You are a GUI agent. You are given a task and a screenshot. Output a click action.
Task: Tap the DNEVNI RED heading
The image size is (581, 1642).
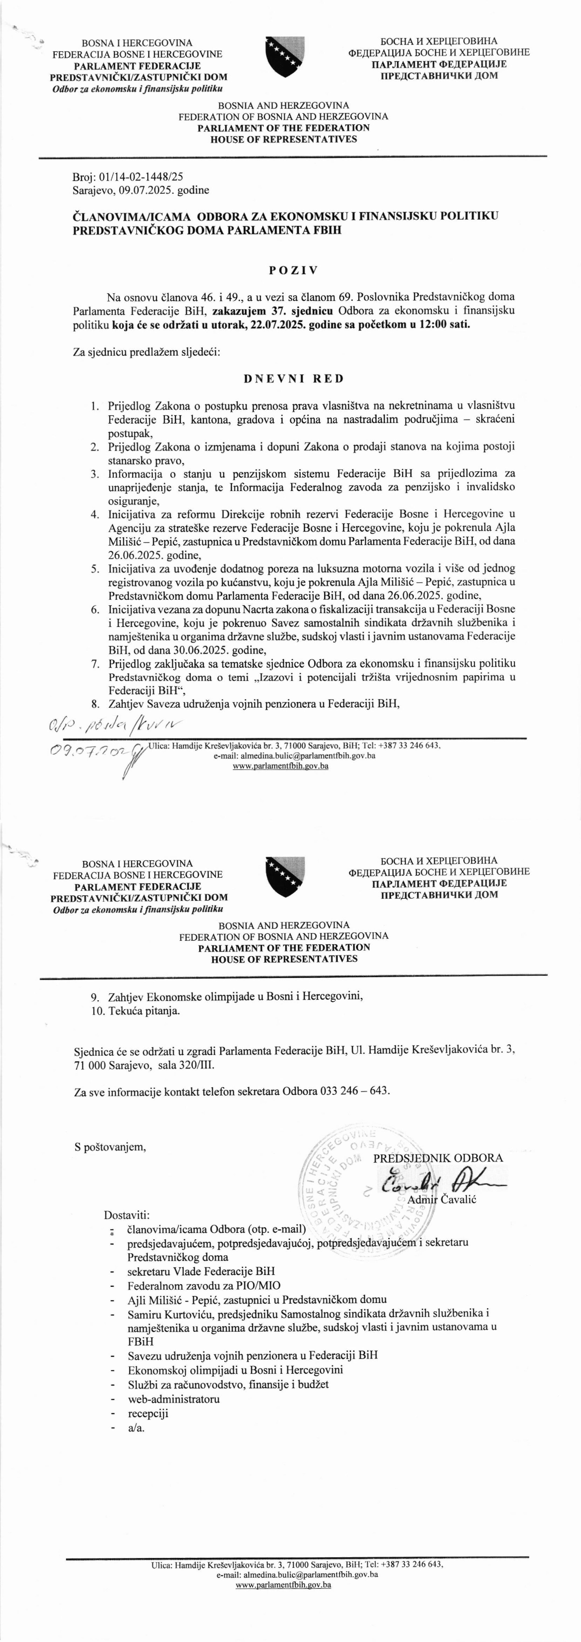(x=294, y=379)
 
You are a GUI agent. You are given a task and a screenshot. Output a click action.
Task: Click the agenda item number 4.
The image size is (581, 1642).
(x=94, y=514)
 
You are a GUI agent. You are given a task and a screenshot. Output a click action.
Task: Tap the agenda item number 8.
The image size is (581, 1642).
(x=94, y=704)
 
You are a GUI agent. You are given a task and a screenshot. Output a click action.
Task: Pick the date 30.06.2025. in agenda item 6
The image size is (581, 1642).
(x=167, y=650)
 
